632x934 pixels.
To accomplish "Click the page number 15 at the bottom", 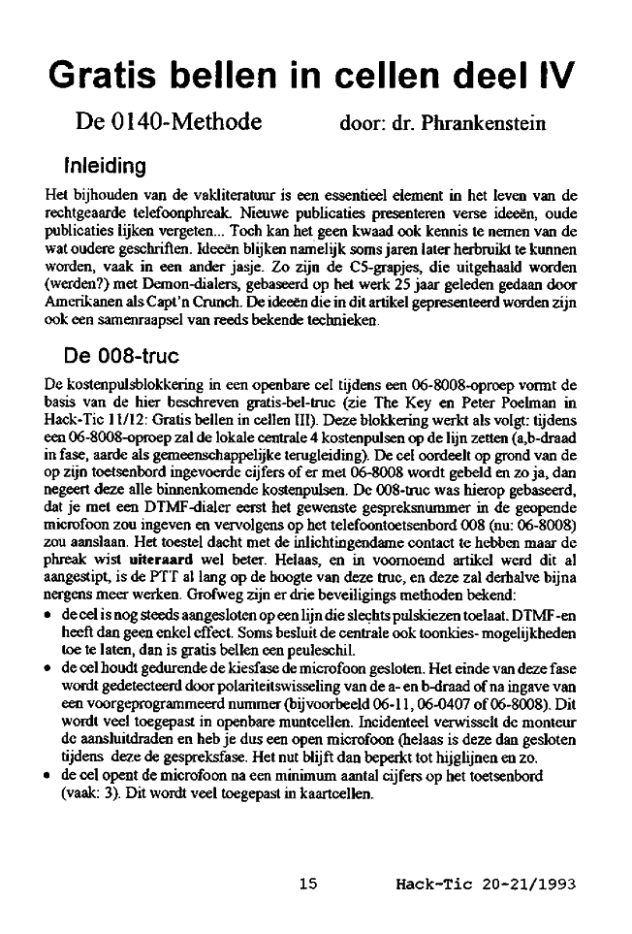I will [x=309, y=884].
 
